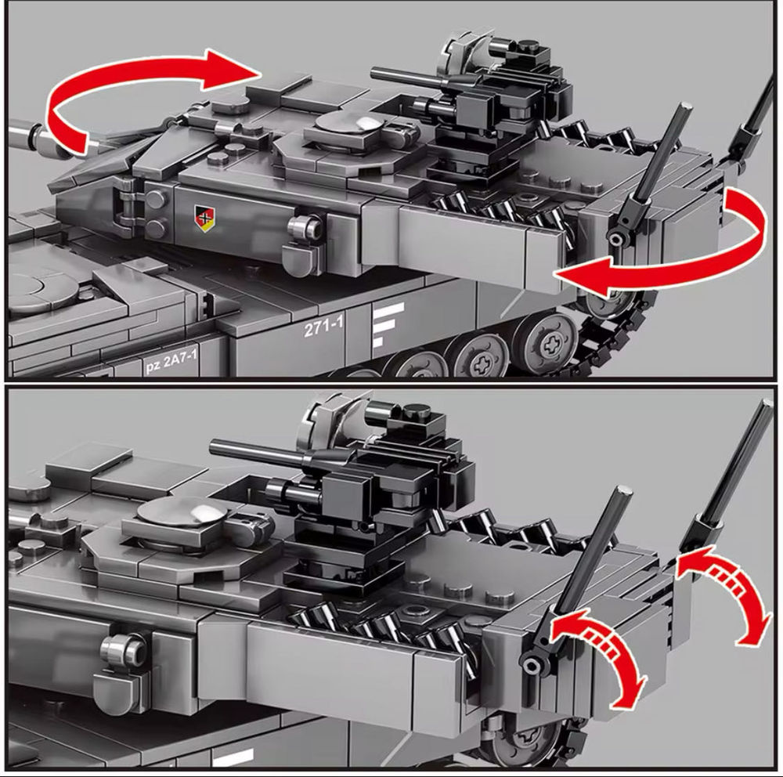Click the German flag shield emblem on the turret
204,219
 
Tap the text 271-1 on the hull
324,327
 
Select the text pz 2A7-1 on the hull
171,361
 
